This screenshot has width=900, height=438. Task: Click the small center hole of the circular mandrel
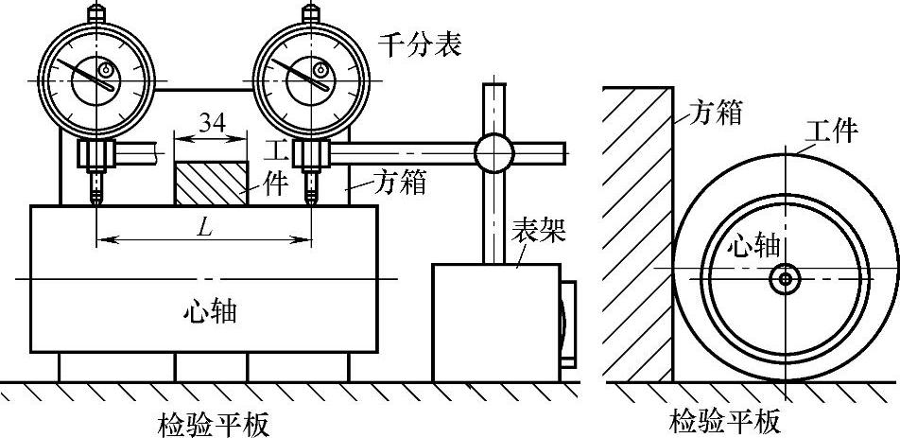tap(784, 279)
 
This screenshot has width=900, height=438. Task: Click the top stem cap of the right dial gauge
tap(310, 12)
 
